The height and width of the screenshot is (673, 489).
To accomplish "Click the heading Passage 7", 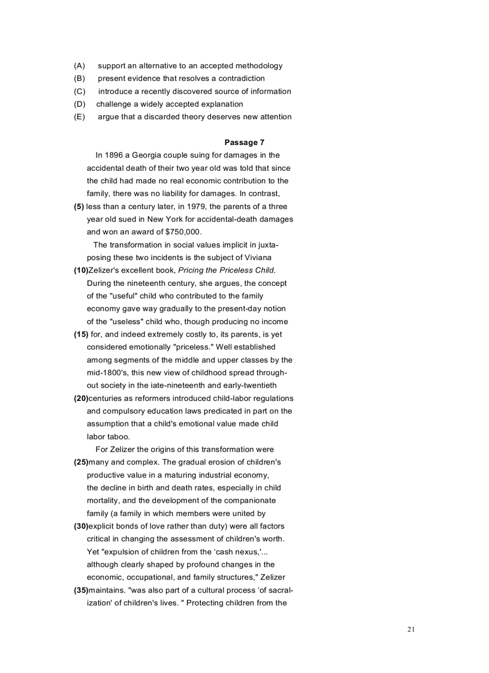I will (244, 142).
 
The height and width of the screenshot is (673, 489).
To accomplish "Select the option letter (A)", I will (80, 66).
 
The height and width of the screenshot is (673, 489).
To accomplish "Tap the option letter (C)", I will (80, 92).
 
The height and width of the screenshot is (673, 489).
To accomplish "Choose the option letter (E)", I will (80, 117).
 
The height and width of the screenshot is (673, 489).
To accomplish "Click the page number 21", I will (410, 629).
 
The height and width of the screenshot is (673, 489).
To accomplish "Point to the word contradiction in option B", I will (239, 79).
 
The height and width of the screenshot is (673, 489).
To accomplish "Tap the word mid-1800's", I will (107, 373).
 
